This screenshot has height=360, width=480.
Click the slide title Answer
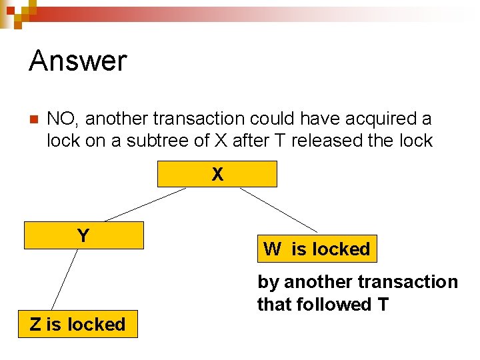[77, 61]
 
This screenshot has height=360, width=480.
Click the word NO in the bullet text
[61, 119]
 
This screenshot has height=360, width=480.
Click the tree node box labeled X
[217, 174]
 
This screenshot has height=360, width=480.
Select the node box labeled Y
[83, 235]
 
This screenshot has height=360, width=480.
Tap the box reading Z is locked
[77, 325]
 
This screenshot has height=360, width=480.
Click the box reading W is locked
[317, 249]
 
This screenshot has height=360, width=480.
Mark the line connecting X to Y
[145, 204]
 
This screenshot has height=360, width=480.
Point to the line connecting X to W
[278, 210]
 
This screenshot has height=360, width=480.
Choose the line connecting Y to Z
[65, 280]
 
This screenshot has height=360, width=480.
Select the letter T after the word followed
[383, 305]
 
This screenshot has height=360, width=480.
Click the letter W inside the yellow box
[272, 249]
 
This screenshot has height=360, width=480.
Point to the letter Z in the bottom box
[35, 325]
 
